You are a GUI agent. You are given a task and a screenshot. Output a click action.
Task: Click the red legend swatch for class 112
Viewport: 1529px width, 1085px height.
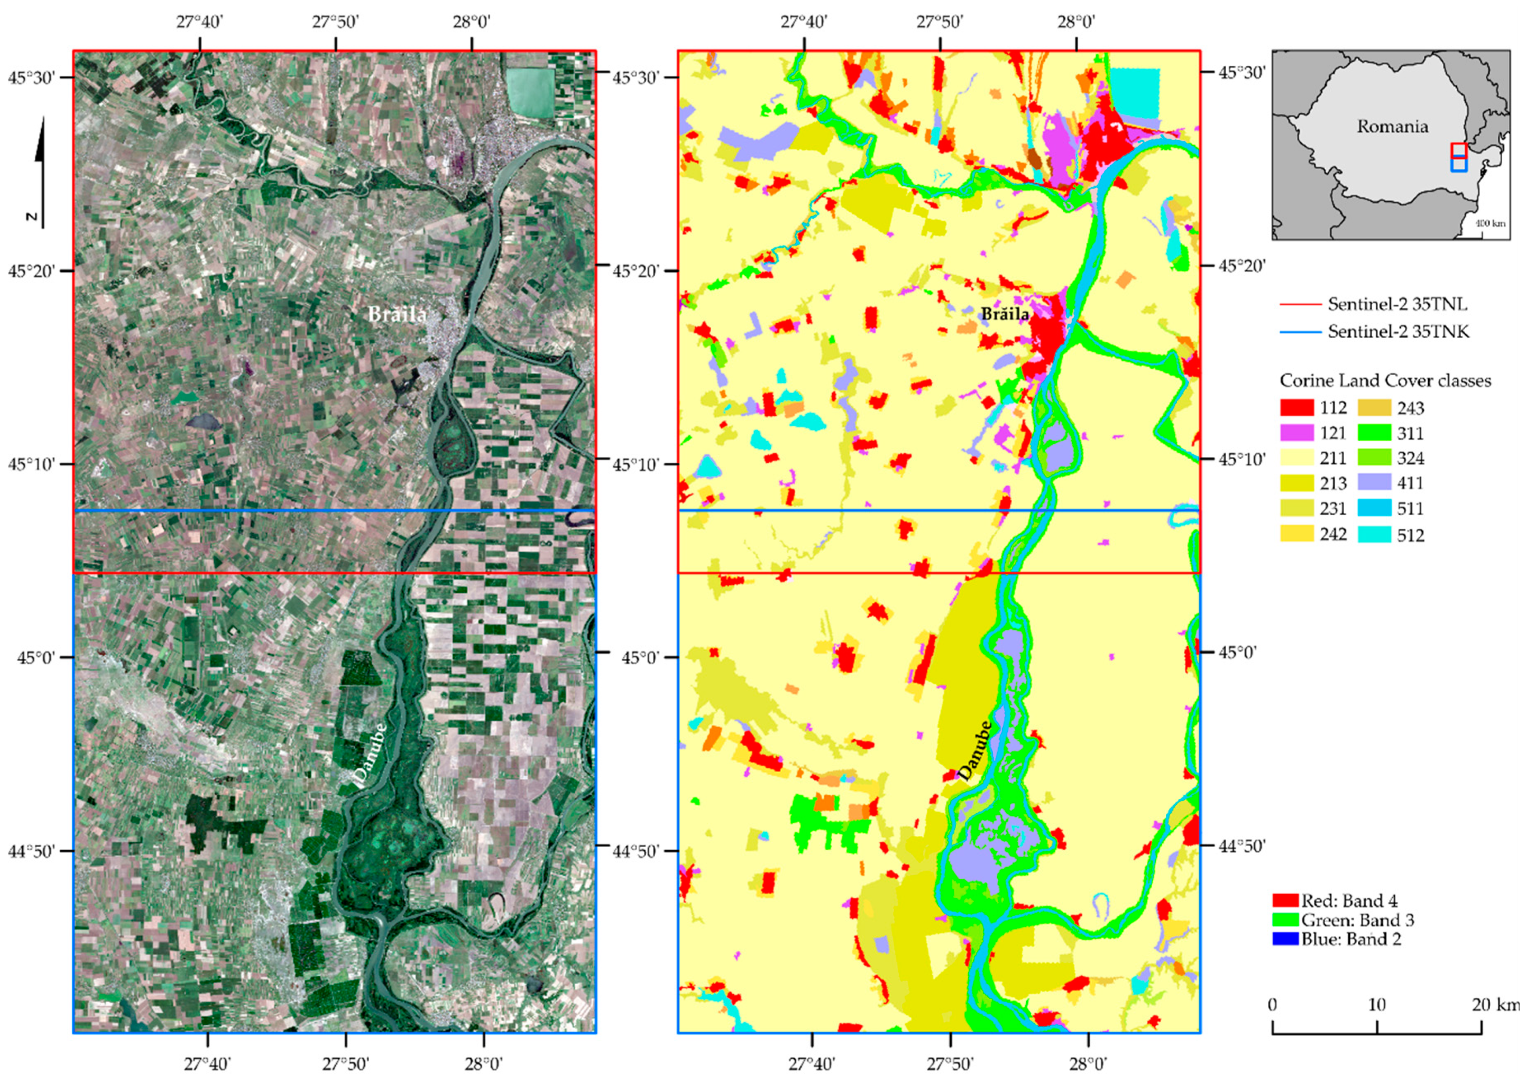coord(1296,408)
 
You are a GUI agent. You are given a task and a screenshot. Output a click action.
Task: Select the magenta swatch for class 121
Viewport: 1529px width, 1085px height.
coord(1296,433)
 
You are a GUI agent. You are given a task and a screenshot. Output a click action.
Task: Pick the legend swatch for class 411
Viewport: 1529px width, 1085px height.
coord(1375,483)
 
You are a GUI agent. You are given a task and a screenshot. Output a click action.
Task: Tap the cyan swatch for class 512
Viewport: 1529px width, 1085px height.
coord(1375,534)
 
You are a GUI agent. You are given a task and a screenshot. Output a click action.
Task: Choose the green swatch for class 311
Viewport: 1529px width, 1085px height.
coord(1375,433)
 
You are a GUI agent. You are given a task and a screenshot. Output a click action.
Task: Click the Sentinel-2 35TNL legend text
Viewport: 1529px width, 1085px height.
coord(1397,305)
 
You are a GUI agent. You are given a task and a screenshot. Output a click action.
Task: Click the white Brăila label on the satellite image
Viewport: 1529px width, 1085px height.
coord(397,314)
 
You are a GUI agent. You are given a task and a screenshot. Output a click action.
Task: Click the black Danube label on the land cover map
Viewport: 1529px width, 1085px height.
coord(975,751)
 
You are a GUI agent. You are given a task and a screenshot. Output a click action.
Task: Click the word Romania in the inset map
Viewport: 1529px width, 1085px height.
coord(1392,126)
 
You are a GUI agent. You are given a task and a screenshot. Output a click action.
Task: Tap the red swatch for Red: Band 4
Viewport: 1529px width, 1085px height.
coord(1284,901)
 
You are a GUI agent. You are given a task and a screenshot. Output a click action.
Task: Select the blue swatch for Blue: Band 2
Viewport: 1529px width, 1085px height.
coord(1284,939)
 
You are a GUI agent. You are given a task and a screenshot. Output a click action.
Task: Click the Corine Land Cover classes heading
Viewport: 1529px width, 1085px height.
coord(1385,381)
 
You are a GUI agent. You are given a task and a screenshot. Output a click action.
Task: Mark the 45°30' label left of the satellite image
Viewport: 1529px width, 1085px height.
coord(31,78)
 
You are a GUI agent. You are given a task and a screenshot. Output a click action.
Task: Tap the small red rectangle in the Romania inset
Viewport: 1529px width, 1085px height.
coord(1459,150)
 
